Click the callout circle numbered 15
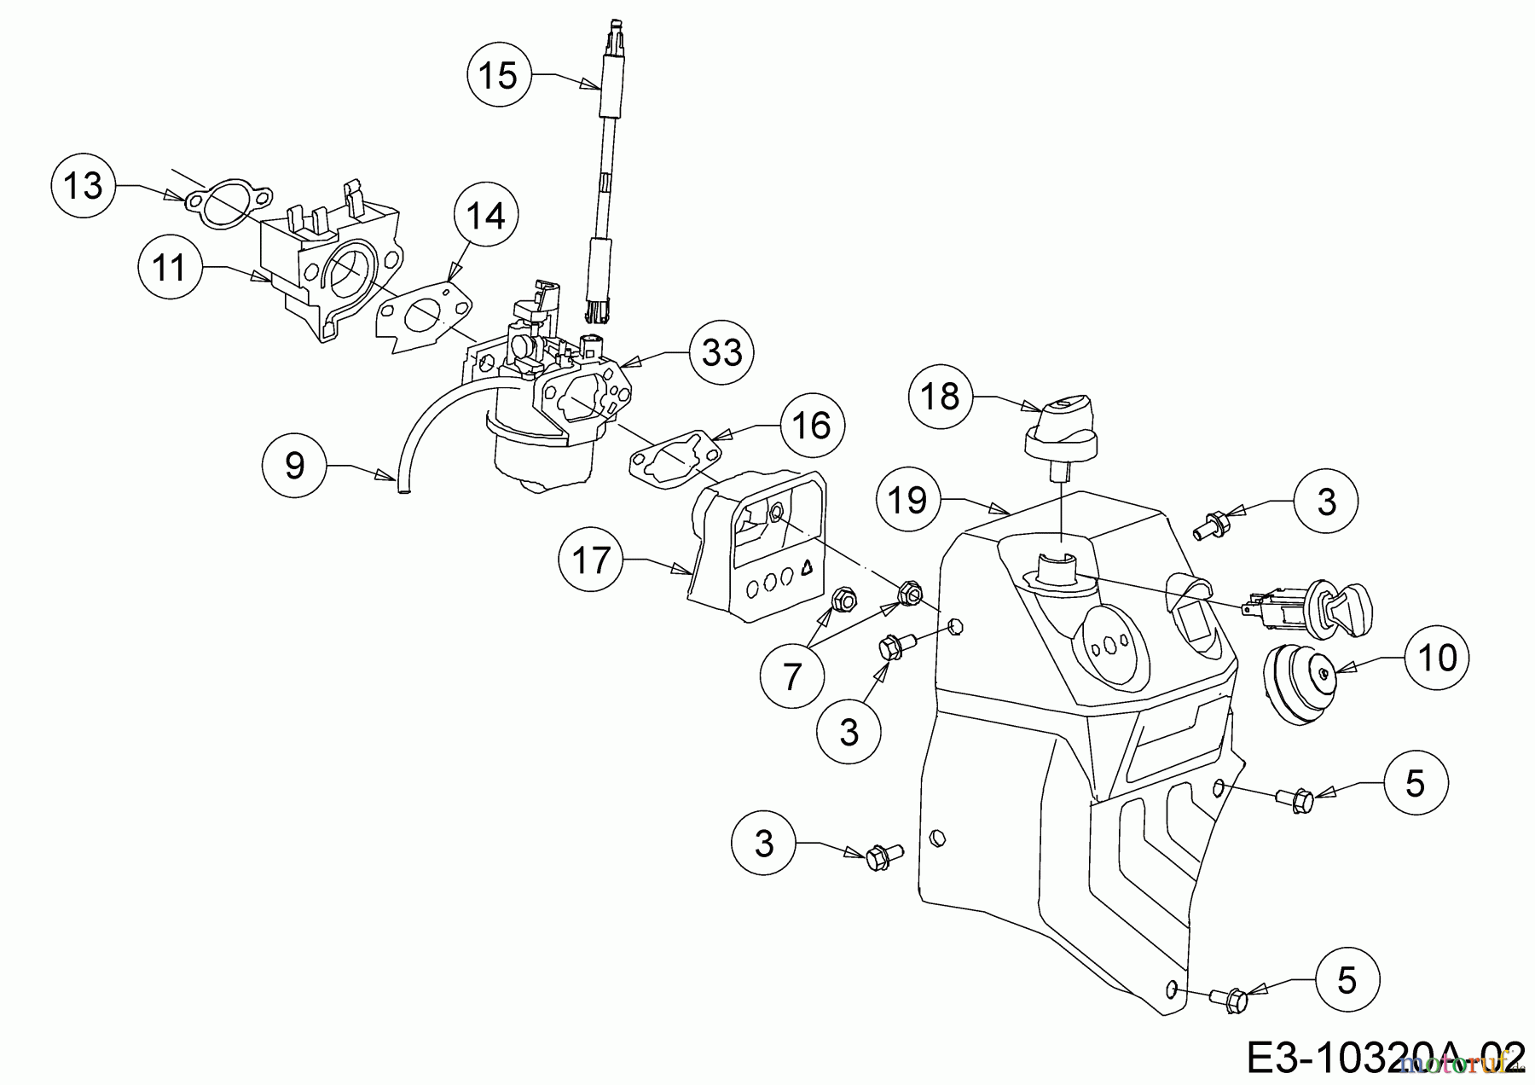tap(499, 75)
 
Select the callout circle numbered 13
tap(84, 185)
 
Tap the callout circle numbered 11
tap(170, 268)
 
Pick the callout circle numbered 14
tap(486, 217)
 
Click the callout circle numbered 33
tap(721, 352)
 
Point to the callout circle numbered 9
tap(294, 465)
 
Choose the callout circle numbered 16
tap(812, 425)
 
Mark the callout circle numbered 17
tap(591, 560)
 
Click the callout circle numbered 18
tap(941, 396)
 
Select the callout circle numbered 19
tap(908, 500)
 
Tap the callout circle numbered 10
tap(1438, 658)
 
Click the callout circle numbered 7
tap(793, 676)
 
